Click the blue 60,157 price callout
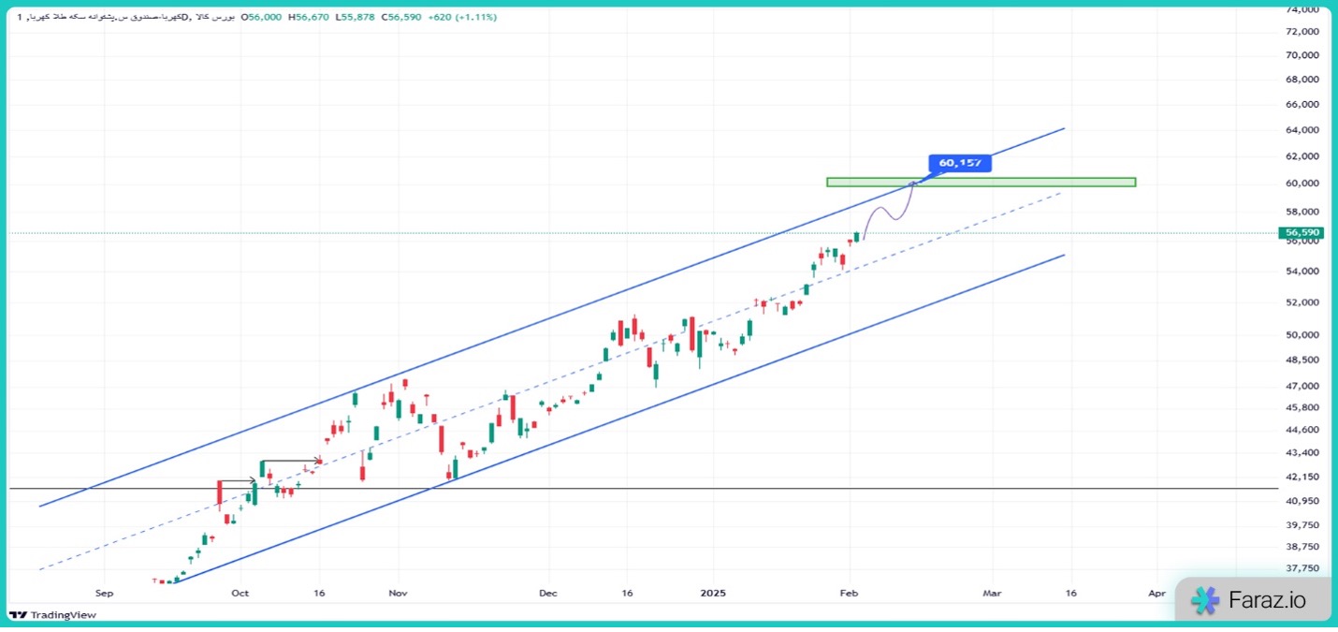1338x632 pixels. coord(960,163)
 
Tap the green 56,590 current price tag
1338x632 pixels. coord(1302,232)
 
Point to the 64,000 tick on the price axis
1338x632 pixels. coord(1302,130)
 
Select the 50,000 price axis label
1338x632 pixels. coord(1302,335)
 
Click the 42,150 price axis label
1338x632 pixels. coord(1302,478)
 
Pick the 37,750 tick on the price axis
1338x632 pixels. coord(1302,568)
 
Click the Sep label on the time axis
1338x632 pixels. coord(104,593)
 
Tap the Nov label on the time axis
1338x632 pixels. coord(399,593)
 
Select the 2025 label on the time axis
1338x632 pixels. coord(712,593)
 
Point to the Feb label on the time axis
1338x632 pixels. coord(849,593)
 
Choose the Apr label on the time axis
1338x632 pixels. coord(1156,593)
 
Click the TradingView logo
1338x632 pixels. coord(52,615)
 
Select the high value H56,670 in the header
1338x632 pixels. coord(308,17)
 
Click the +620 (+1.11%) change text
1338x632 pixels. coord(463,17)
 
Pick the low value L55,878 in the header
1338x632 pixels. coord(355,17)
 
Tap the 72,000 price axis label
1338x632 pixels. coord(1302,31)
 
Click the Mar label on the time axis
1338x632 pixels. coord(992,593)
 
